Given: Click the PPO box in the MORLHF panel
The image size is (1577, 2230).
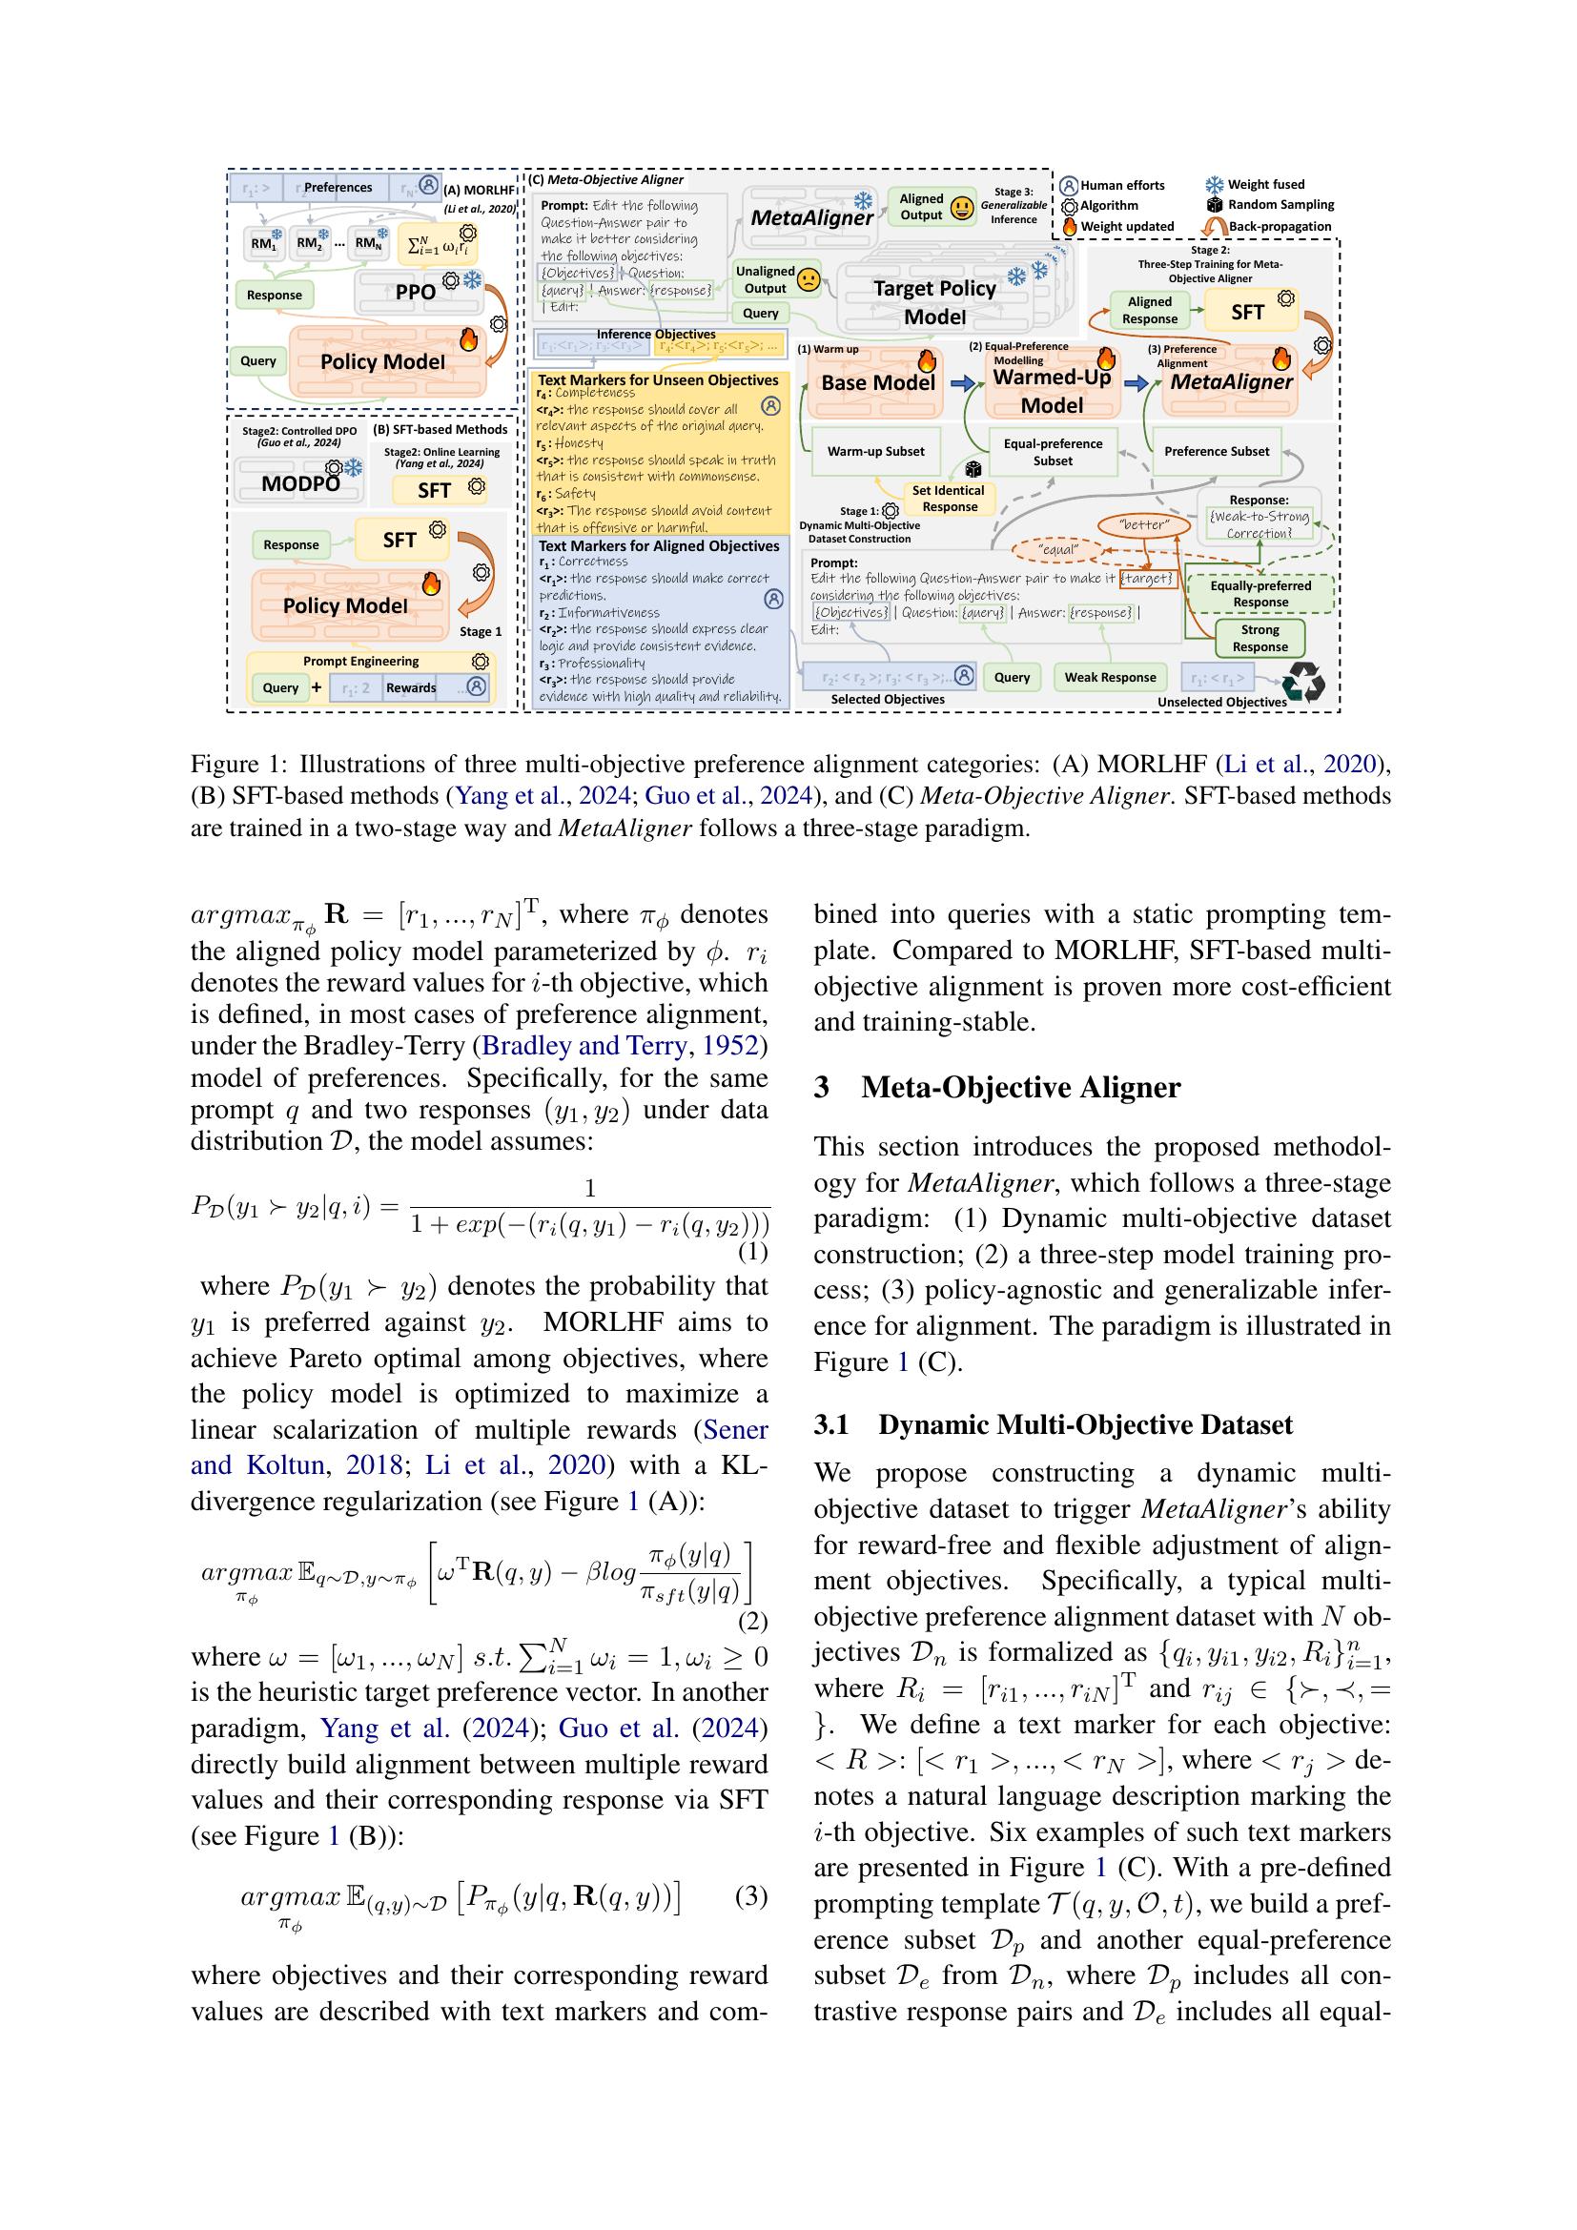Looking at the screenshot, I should [x=416, y=290].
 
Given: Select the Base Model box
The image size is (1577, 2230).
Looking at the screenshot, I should [x=877, y=382].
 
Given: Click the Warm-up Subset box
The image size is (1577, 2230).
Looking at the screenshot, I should [x=875, y=451].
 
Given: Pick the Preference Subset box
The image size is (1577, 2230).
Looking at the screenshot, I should [x=1216, y=451].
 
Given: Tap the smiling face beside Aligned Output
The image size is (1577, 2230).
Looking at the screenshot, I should [x=961, y=207].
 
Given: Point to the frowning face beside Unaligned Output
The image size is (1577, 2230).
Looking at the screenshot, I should [x=806, y=280].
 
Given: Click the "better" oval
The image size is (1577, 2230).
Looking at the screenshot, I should [x=1144, y=525].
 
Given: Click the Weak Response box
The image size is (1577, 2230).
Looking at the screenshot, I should [x=1110, y=677].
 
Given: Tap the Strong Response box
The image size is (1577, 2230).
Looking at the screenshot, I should [x=1260, y=638].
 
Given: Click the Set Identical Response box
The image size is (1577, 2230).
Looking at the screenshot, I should [x=949, y=499].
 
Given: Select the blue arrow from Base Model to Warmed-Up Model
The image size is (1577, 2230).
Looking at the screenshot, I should [x=961, y=384].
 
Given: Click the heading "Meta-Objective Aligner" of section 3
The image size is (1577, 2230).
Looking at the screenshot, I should [x=1019, y=1087].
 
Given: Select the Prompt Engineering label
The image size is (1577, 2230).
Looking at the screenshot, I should [x=360, y=662].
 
